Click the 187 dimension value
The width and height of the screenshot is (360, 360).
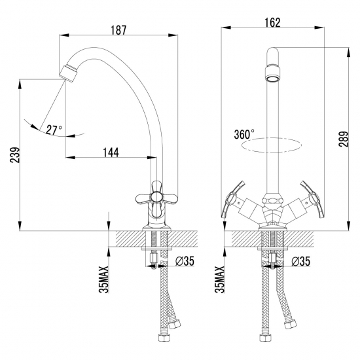(x=118, y=30)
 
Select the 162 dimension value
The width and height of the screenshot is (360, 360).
(x=272, y=22)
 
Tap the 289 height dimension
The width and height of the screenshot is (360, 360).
(x=344, y=139)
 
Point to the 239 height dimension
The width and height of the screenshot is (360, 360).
(x=15, y=155)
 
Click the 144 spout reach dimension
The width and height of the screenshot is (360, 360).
(x=111, y=153)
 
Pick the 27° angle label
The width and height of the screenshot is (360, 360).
(x=54, y=130)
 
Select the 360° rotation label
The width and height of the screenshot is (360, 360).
(x=244, y=134)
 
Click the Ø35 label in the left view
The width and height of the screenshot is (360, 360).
(x=185, y=261)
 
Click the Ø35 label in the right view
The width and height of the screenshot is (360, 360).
(x=301, y=261)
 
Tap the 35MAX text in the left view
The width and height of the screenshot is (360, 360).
(x=104, y=279)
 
